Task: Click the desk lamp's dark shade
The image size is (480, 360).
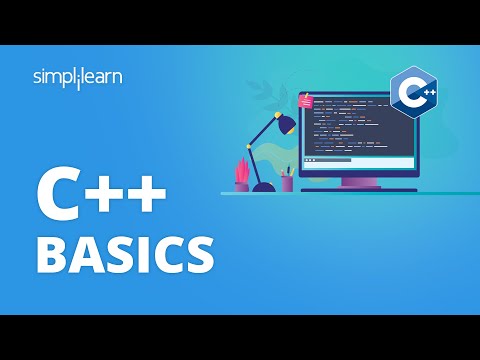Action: [285, 124]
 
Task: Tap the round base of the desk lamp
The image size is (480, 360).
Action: [264, 186]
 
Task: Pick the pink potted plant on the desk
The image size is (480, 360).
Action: [242, 174]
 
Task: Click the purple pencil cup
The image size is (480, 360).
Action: [287, 183]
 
